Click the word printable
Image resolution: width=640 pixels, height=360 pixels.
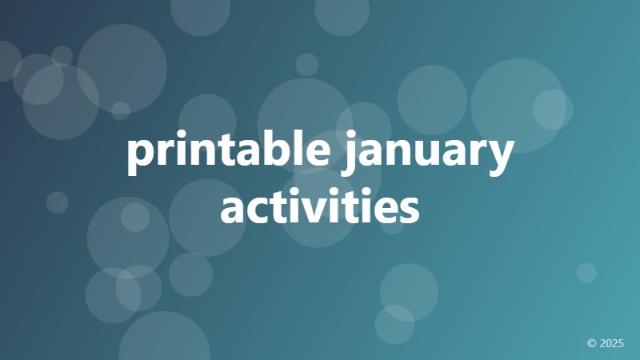coord(228,154)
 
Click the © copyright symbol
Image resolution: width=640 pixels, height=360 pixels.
coord(592,343)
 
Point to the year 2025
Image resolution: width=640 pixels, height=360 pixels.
coord(611,343)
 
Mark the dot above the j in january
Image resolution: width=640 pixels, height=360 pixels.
coord(349,138)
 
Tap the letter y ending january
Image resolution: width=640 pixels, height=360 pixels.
coord(500,158)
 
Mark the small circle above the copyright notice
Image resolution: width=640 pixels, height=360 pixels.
coord(586,273)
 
